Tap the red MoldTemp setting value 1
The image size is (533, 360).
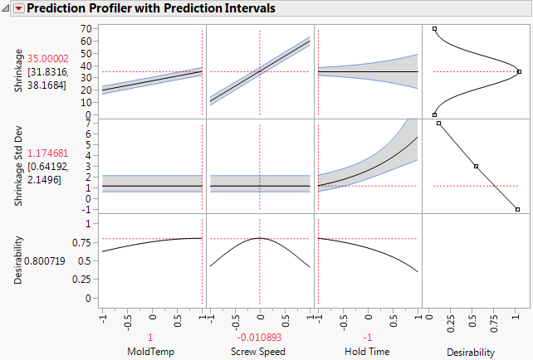(x=151, y=338)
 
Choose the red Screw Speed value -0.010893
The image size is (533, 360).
(x=259, y=338)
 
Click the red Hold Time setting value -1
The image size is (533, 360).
(x=368, y=338)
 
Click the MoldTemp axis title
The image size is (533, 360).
(x=151, y=351)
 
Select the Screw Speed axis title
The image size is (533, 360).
(x=259, y=351)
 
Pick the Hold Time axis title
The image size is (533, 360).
(x=368, y=351)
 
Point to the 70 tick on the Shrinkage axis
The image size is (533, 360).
(x=86, y=29)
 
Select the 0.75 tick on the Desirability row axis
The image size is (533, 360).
(x=82, y=242)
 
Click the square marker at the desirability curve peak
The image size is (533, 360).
(x=519, y=71)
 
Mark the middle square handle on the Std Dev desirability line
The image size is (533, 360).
(x=476, y=166)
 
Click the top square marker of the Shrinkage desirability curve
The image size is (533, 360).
(x=435, y=29)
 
